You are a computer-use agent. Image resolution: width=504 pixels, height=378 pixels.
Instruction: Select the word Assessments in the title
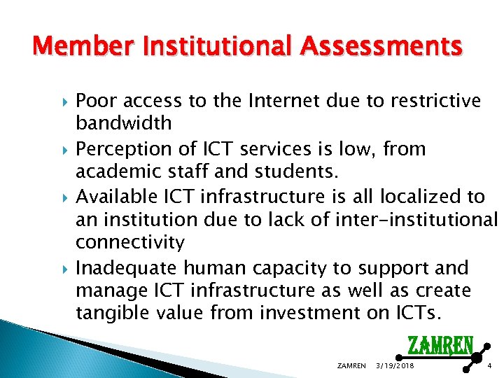pos(382,48)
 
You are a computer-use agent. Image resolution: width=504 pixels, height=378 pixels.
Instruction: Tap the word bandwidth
pos(123,123)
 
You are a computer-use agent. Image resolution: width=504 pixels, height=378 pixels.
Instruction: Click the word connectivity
pos(129,243)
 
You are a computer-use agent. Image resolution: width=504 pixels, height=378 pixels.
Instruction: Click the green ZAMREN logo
pos(440,346)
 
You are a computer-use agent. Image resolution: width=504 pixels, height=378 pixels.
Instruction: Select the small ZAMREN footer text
pos(351,366)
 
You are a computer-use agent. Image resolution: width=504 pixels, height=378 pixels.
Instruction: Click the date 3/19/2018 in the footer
pos(395,366)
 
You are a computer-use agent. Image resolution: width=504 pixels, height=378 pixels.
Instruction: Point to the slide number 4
pos(489,366)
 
